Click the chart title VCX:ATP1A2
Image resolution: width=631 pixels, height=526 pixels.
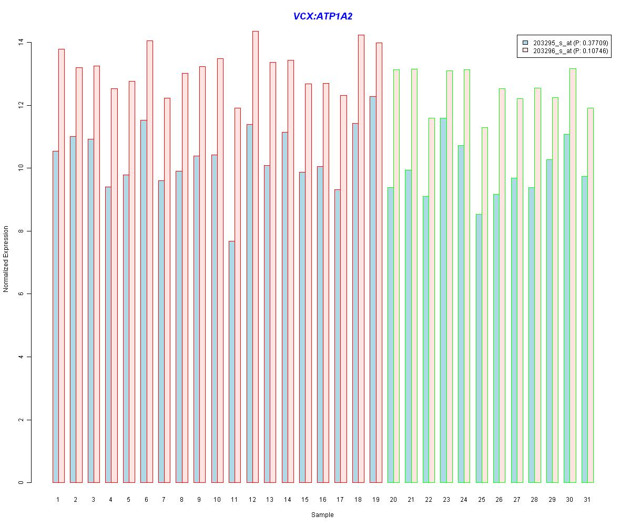[x=322, y=16]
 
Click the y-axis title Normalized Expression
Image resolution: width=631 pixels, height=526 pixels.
[x=6, y=259]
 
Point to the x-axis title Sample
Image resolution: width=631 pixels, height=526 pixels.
[x=322, y=515]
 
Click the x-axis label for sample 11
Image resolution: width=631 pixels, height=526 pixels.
[x=234, y=499]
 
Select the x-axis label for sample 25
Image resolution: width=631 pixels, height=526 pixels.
[x=481, y=499]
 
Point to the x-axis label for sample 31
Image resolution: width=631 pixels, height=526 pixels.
[x=587, y=499]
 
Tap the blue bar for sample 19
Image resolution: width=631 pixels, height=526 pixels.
[x=372, y=289]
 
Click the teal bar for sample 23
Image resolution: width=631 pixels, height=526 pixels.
[x=443, y=300]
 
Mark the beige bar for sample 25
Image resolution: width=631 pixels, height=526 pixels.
[x=484, y=305]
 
